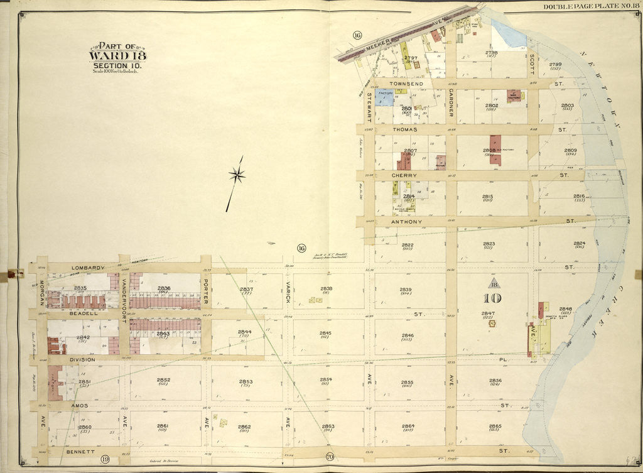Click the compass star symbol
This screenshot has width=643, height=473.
click(x=237, y=175)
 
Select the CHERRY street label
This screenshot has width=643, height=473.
click(x=404, y=175)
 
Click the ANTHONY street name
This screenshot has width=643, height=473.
click(x=406, y=222)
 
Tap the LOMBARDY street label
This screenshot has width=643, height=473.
click(x=87, y=268)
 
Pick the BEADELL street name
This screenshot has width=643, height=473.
click(x=82, y=313)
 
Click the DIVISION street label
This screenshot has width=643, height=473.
click(x=82, y=360)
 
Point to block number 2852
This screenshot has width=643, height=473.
click(x=164, y=380)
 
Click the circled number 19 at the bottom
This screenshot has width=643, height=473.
click(x=105, y=460)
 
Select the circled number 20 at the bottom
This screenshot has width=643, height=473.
click(x=330, y=457)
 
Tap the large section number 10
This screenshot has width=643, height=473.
click(x=492, y=298)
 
